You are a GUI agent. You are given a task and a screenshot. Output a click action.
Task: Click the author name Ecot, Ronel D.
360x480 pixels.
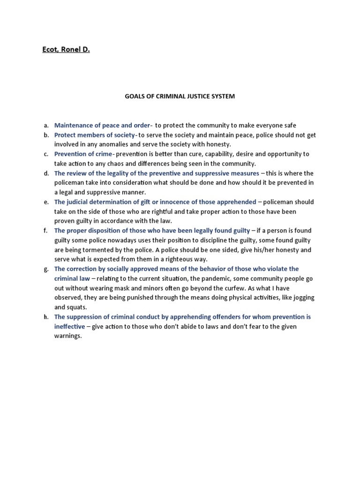66,48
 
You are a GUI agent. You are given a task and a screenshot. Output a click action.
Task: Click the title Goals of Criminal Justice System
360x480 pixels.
180,96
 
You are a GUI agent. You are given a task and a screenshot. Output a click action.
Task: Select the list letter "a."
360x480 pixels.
46,125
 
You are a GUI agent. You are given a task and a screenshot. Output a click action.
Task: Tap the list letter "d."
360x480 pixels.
46,173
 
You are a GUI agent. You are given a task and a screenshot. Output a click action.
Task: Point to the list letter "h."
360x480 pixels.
46,317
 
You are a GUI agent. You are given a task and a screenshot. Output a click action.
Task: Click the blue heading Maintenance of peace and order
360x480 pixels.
103,125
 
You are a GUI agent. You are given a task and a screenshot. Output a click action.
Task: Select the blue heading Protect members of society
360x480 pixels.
95,135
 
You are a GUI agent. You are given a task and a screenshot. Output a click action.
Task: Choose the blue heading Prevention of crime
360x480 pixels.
83,154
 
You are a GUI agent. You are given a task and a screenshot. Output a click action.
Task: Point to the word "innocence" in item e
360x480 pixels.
175,202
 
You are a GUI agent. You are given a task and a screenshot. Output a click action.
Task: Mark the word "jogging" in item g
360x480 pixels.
302,298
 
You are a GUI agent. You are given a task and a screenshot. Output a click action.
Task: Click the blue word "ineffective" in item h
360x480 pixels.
70,326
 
